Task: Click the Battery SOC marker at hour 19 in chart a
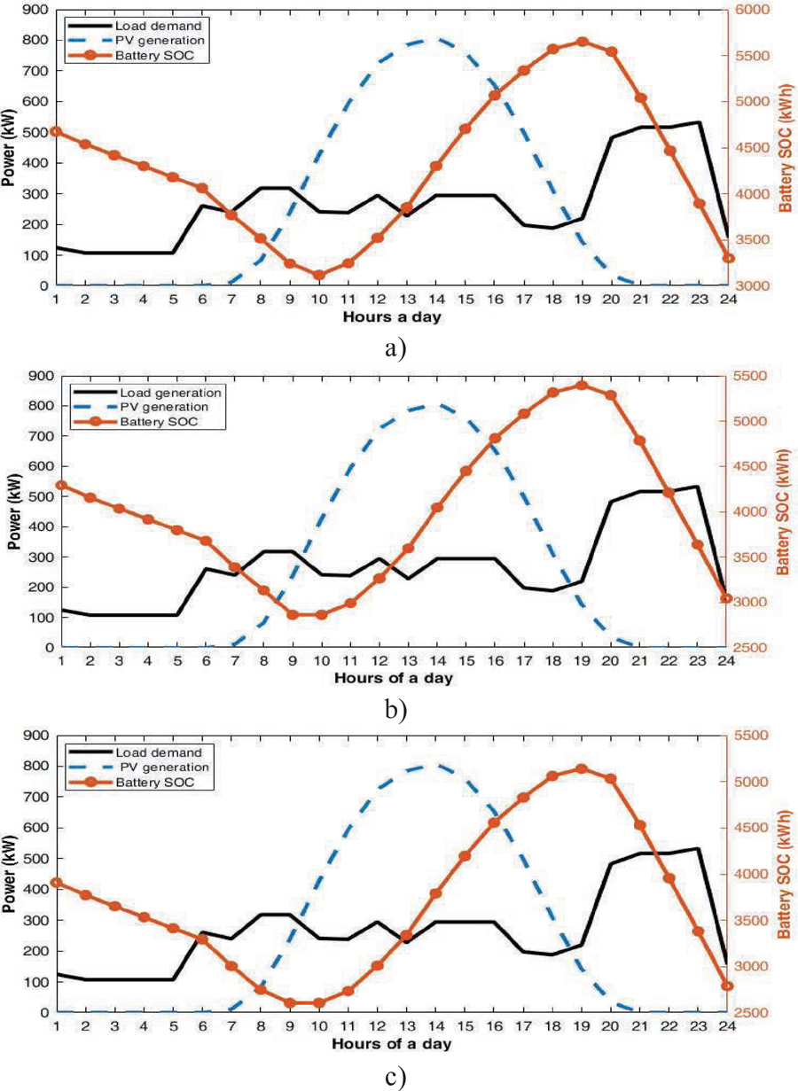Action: click(583, 42)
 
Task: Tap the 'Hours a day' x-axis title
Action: click(393, 316)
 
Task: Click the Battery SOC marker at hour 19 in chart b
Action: click(583, 385)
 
